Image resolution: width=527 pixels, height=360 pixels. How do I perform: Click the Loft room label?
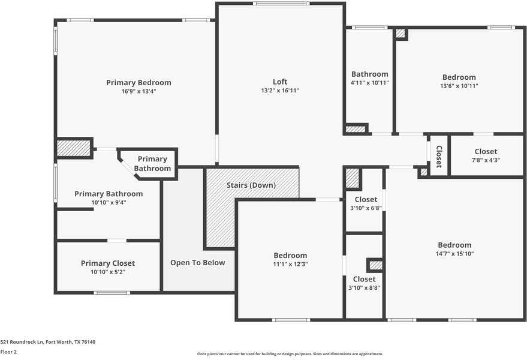pyautogui.click(x=280, y=82)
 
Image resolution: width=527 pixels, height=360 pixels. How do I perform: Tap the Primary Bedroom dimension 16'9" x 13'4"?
pyautogui.click(x=139, y=91)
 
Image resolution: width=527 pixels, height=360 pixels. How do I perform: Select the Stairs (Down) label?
pyautogui.click(x=251, y=185)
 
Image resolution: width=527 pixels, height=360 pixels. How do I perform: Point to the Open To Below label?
pyautogui.click(x=198, y=263)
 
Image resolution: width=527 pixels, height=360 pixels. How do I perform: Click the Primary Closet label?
pyautogui.click(x=108, y=263)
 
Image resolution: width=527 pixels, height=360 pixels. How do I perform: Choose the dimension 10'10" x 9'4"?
pyautogui.click(x=109, y=203)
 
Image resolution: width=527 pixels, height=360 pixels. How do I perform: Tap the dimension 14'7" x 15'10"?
pyautogui.click(x=454, y=254)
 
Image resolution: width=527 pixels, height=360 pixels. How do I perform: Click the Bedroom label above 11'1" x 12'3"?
pyautogui.click(x=290, y=256)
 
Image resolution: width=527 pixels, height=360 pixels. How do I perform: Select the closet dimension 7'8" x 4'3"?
pyautogui.click(x=486, y=160)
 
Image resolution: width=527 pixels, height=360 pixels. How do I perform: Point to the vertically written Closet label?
pyautogui.click(x=439, y=157)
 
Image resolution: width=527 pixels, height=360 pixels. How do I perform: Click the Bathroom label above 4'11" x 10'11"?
pyautogui.click(x=370, y=74)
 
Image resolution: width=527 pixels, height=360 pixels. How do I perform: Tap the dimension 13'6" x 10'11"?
pyautogui.click(x=459, y=86)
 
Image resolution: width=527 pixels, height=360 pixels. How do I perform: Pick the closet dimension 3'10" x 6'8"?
pyautogui.click(x=366, y=208)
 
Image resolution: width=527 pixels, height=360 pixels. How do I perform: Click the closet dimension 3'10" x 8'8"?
pyautogui.click(x=365, y=287)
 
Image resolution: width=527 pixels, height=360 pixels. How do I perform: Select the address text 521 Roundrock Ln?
pyautogui.click(x=22, y=342)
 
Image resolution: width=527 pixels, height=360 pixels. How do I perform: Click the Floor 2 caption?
pyautogui.click(x=8, y=352)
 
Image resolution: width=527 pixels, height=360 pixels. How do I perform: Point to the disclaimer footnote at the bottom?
pyautogui.click(x=290, y=354)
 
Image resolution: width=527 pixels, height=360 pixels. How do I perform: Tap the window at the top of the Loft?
pyautogui.click(x=281, y=4)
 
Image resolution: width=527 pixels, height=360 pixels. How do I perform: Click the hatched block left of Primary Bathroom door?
pyautogui.click(x=73, y=148)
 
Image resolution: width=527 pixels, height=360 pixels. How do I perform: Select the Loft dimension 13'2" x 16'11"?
pyautogui.click(x=280, y=91)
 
